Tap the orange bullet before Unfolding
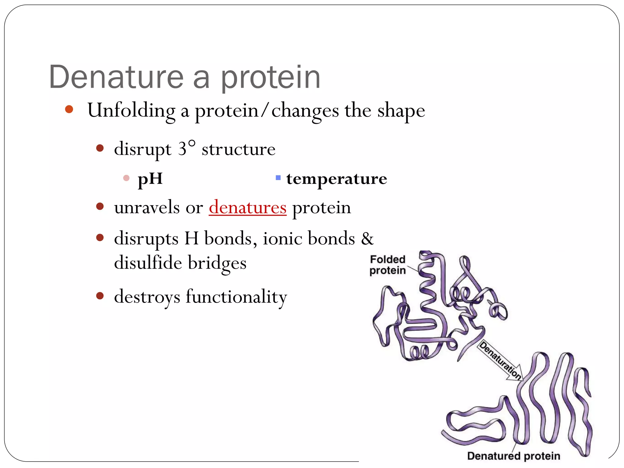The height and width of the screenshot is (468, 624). [69, 109]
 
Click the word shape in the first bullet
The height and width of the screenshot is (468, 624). [401, 111]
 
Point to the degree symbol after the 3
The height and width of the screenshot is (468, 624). [192, 144]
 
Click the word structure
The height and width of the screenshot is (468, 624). [239, 149]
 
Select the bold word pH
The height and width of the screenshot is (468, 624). [150, 179]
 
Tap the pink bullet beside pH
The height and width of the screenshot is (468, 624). [126, 178]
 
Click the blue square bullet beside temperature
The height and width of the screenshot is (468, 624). [278, 178]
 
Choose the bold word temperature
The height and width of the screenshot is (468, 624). [337, 179]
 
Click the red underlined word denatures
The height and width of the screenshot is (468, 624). [247, 208]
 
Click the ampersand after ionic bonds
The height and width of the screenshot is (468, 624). [367, 239]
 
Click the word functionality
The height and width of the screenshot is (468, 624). [236, 297]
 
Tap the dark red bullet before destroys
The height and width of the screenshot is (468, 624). [100, 296]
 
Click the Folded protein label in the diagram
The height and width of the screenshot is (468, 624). [388, 265]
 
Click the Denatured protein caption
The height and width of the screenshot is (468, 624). [513, 456]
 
